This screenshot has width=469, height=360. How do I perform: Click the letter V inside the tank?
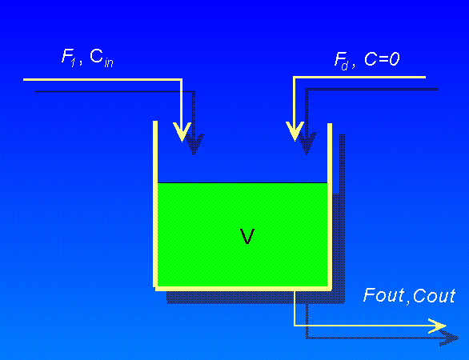coord(247,237)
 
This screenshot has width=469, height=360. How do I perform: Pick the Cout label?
coord(435,296)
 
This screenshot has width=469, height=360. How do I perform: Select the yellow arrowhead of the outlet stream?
coord(437,326)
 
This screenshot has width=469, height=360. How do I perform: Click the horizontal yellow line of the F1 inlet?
coord(104,79)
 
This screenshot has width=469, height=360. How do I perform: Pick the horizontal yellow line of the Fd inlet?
coord(360,78)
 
